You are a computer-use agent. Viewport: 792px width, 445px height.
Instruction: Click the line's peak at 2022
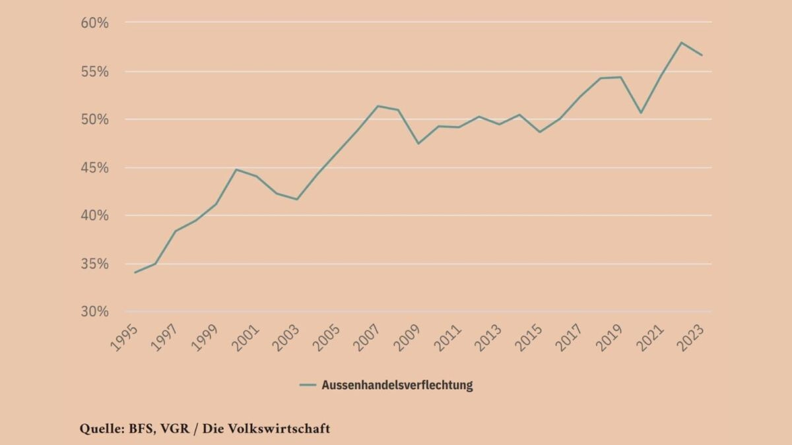[681, 42]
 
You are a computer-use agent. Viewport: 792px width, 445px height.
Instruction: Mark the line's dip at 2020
[640, 113]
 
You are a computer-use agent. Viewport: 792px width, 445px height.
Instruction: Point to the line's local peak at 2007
[377, 105]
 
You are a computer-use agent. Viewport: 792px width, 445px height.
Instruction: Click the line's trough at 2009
[418, 144]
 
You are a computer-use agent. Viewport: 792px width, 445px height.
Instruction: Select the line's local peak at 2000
[236, 169]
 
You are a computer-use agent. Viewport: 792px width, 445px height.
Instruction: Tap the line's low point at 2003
[297, 199]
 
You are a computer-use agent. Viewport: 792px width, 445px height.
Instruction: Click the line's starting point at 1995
[135, 272]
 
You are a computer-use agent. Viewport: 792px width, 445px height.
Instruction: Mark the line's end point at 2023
[702, 55]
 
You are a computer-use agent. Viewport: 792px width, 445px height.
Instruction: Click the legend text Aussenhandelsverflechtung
[397, 385]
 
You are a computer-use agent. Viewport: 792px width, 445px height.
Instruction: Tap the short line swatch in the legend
[308, 385]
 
